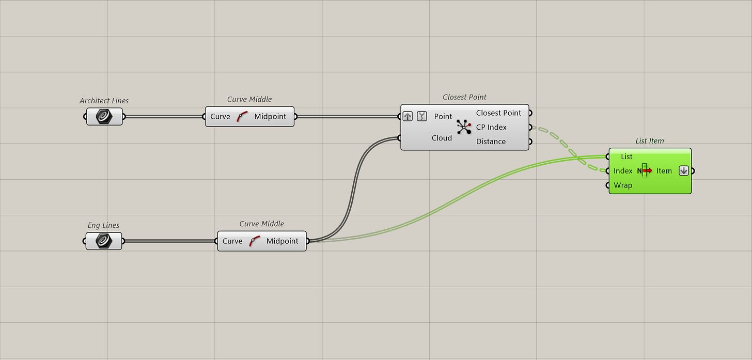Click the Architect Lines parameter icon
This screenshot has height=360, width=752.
[104, 117]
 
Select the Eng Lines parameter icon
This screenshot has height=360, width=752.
[104, 241]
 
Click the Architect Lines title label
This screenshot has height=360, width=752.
[104, 101]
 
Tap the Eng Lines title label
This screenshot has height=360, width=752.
[103, 225]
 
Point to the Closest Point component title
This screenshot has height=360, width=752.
[464, 97]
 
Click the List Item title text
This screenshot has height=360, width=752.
[650, 140]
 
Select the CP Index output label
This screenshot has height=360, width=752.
[491, 127]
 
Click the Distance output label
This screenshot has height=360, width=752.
[491, 142]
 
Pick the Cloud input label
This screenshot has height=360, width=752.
[442, 138]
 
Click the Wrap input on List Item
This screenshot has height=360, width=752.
[623, 185]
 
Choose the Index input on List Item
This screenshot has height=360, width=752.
[623, 171]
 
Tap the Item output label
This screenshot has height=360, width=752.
[664, 171]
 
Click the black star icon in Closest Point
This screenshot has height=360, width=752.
[464, 127]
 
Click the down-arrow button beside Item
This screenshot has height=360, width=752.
[684, 171]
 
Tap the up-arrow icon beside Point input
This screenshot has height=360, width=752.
[408, 116]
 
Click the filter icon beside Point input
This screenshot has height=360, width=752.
[421, 116]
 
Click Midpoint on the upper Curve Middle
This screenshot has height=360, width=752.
[270, 117]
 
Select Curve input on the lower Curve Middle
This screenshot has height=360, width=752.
[232, 241]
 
